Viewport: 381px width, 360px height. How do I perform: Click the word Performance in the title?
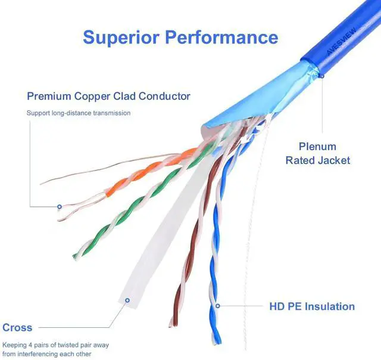[x=221, y=37]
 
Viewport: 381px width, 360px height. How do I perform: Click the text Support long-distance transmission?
[x=78, y=113]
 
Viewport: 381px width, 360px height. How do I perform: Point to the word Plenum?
[x=317, y=147]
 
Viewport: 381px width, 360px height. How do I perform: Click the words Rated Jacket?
[x=317, y=160]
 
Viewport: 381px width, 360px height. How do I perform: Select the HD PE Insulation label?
[x=312, y=306]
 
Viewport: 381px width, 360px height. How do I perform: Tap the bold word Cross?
[x=17, y=327]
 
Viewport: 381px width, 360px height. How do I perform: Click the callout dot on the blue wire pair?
[x=218, y=306]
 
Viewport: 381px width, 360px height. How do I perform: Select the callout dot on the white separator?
[x=127, y=300]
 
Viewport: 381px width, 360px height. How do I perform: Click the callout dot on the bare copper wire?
[x=59, y=207]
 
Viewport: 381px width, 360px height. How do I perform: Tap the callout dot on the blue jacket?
[x=322, y=76]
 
